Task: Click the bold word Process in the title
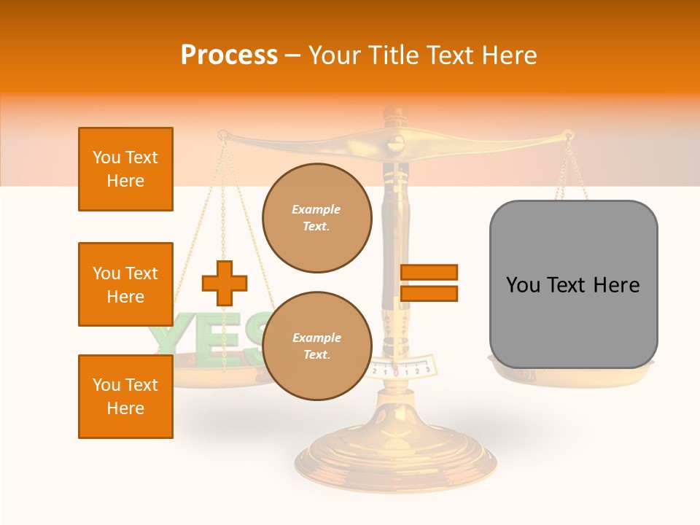coord(229,55)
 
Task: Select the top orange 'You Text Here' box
coord(125,169)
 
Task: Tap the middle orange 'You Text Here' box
coord(125,284)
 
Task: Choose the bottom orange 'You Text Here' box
coord(125,397)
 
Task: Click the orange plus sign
coord(225,283)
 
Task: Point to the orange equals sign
coord(429,283)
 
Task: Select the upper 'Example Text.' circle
coord(317,218)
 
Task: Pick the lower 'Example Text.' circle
coord(317,346)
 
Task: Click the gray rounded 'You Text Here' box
coord(573,284)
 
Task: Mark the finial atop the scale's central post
coord(394,114)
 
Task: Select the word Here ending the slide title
coord(510,55)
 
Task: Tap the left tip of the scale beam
coord(222,135)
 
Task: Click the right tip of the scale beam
coord(569,135)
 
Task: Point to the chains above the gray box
coord(572,175)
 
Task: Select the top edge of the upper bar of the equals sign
coord(429,265)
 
